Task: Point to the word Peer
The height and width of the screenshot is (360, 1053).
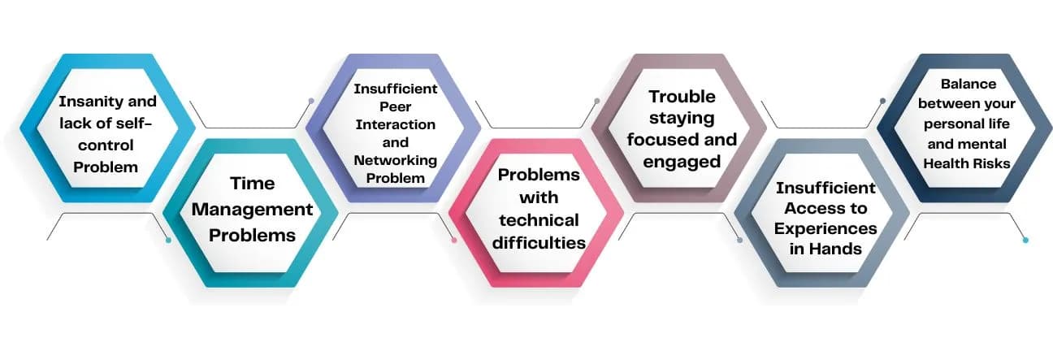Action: [395, 106]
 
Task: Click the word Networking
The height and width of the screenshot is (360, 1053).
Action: [395, 159]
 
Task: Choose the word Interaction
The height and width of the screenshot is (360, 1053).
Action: [395, 124]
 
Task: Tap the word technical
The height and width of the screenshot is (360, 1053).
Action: [539, 220]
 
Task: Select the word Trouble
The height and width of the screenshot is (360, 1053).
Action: [682, 97]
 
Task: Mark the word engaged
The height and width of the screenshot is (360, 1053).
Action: [682, 161]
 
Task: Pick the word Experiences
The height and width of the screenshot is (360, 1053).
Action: [825, 228]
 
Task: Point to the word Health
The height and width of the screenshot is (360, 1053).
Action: [944, 163]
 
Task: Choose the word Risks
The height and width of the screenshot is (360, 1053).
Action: [990, 163]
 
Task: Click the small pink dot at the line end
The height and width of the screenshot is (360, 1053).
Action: [454, 240]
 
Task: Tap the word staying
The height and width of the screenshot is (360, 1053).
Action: [682, 118]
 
